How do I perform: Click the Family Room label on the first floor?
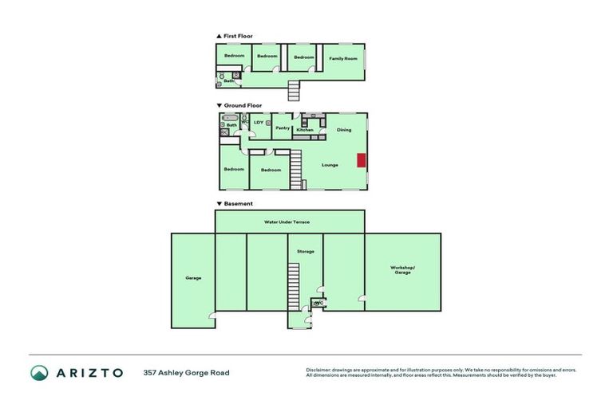(342, 58)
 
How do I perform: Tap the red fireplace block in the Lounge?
(362, 161)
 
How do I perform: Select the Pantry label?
(283, 128)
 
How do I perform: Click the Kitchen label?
(304, 129)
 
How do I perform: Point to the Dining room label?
(344, 130)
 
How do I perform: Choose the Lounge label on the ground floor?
(330, 165)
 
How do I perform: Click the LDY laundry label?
(259, 122)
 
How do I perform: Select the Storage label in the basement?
(305, 252)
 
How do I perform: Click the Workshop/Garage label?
(402, 269)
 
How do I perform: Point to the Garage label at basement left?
(193, 278)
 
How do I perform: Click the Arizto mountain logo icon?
(39, 372)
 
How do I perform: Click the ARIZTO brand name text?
(89, 372)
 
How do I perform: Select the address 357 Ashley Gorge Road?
(186, 372)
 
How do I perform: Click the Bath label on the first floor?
(228, 80)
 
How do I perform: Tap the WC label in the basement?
(318, 303)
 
